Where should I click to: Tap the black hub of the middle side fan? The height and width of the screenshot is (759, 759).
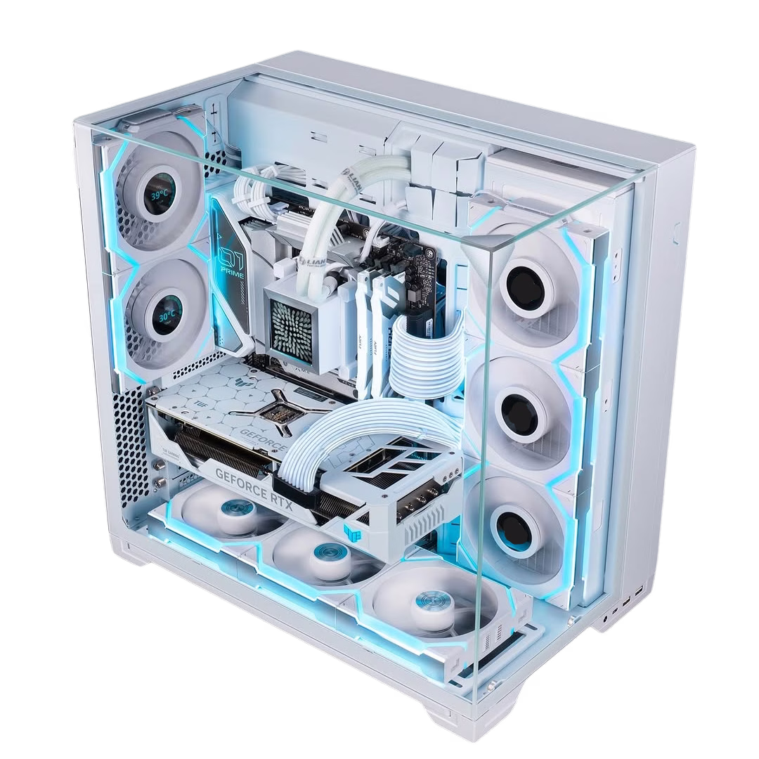[521, 408]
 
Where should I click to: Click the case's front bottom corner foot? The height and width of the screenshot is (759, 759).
[450, 717]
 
